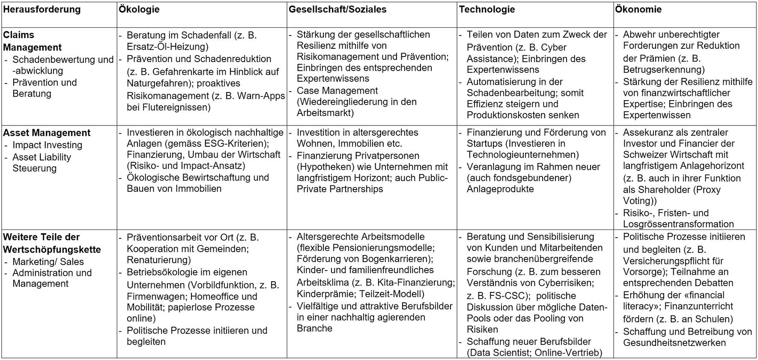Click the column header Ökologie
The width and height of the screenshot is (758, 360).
(139, 9)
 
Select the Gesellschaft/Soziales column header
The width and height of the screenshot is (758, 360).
(337, 9)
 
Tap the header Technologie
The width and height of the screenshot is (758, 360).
(487, 9)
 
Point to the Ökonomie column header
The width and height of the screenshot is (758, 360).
(638, 9)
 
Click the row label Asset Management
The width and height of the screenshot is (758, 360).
(47, 133)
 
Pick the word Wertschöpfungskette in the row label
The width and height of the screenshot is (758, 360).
(52, 250)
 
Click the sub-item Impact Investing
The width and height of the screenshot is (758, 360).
(47, 145)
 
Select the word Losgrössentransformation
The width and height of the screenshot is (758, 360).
(678, 224)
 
